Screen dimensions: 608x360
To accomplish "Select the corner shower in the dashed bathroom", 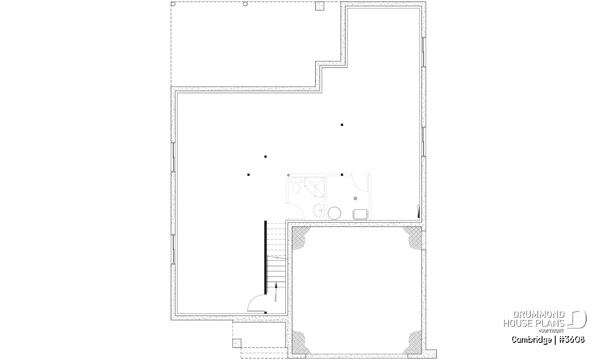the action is pos(314,186).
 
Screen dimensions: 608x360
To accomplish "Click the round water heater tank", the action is pos(334,213).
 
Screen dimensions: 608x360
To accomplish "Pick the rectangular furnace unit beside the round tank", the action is pos(360,214).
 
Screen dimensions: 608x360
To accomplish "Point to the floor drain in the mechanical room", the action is pos(355,198).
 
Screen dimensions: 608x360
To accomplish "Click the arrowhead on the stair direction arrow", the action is pos(276,285).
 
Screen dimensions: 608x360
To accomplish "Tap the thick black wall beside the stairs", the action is pos(265,257).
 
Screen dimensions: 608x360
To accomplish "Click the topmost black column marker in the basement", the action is pos(342,125).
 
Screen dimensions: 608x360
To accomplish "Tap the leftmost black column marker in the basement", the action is pos(248,175).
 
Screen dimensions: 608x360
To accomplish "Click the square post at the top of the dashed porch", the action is pos(320,6).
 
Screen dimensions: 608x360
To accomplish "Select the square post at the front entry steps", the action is pos(237,343).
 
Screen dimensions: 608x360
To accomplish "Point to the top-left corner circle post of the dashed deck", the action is pos(173,4).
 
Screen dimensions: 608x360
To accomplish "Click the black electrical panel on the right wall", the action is pos(419,212).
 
